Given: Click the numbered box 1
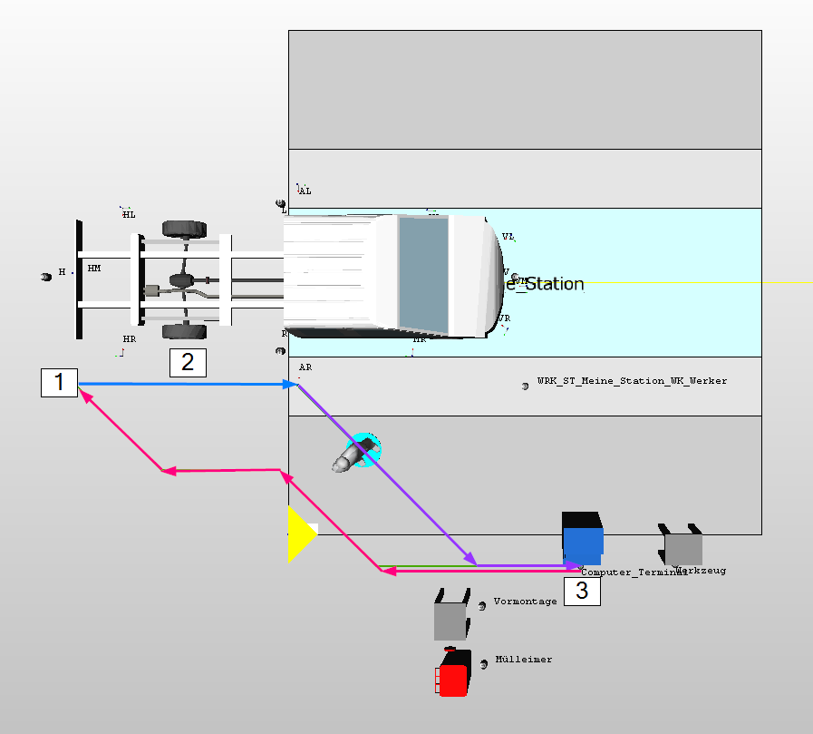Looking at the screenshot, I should click(60, 382).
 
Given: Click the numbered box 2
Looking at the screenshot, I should click(188, 362).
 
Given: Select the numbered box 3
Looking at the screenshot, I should click(582, 592).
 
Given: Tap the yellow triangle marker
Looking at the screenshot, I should click(298, 534).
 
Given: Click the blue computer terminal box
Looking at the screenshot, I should click(582, 540).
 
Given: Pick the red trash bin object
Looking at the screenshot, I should click(452, 675).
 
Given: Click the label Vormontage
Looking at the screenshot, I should click(525, 602).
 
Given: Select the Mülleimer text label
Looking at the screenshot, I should click(523, 660).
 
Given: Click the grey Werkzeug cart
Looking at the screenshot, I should click(683, 547).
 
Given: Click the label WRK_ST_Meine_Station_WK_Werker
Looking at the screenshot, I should click(632, 381).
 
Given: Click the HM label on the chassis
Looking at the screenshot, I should click(94, 269).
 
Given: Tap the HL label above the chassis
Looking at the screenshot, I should click(129, 214).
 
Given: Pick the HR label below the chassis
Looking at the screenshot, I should click(129, 338).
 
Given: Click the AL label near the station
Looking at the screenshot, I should click(305, 191).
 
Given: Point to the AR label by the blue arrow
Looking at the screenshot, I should click(305, 367).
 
